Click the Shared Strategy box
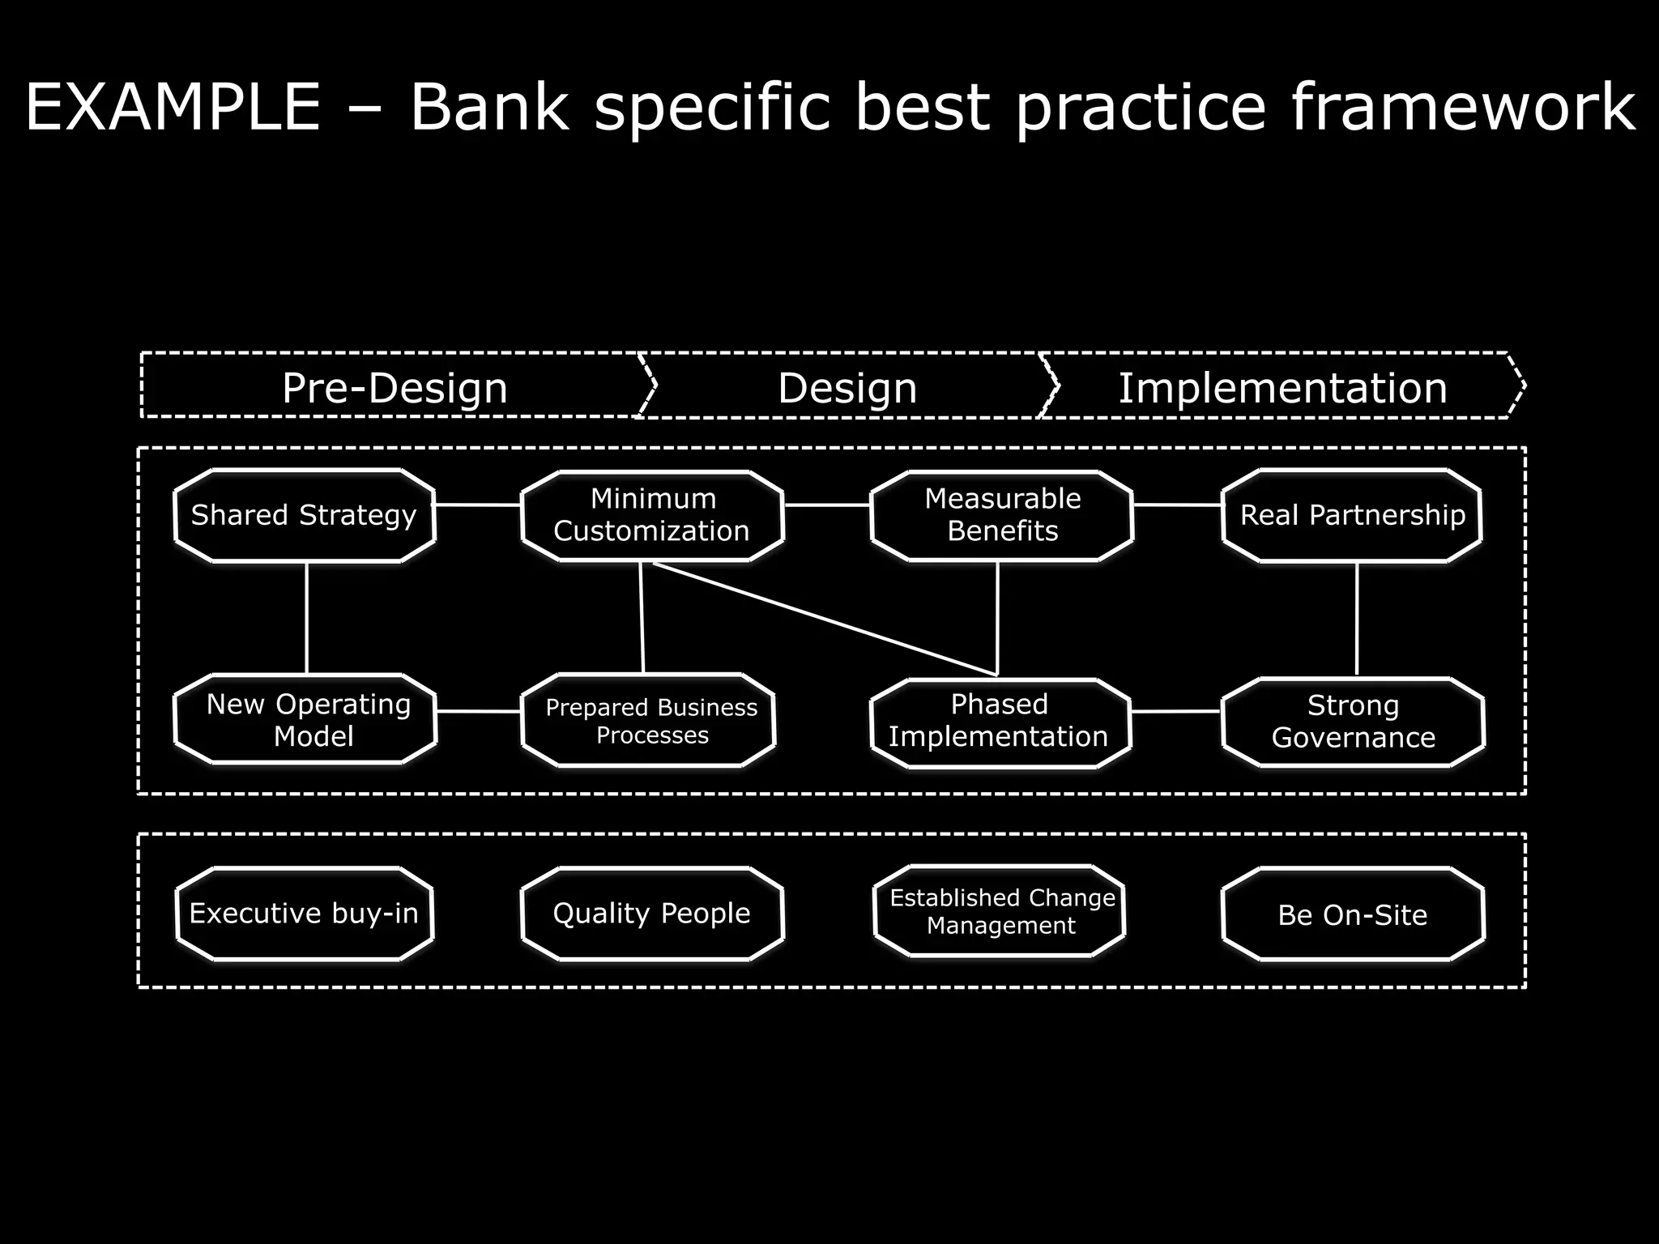[305, 515]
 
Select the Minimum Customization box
[652, 515]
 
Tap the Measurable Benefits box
[1002, 515]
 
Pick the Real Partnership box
[1352, 515]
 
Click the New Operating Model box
[306, 719]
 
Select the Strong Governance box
[1353, 722]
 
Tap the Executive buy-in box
[305, 914]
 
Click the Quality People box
[652, 914]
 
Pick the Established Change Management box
[1001, 911]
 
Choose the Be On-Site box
[1353, 914]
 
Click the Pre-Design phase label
[394, 387]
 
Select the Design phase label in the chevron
[847, 387]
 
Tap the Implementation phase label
[1283, 387]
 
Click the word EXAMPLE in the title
[173, 107]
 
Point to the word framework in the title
[1463, 107]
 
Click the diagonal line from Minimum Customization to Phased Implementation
[825, 619]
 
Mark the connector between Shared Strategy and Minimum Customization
[478, 505]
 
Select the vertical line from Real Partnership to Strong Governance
[1357, 620]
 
